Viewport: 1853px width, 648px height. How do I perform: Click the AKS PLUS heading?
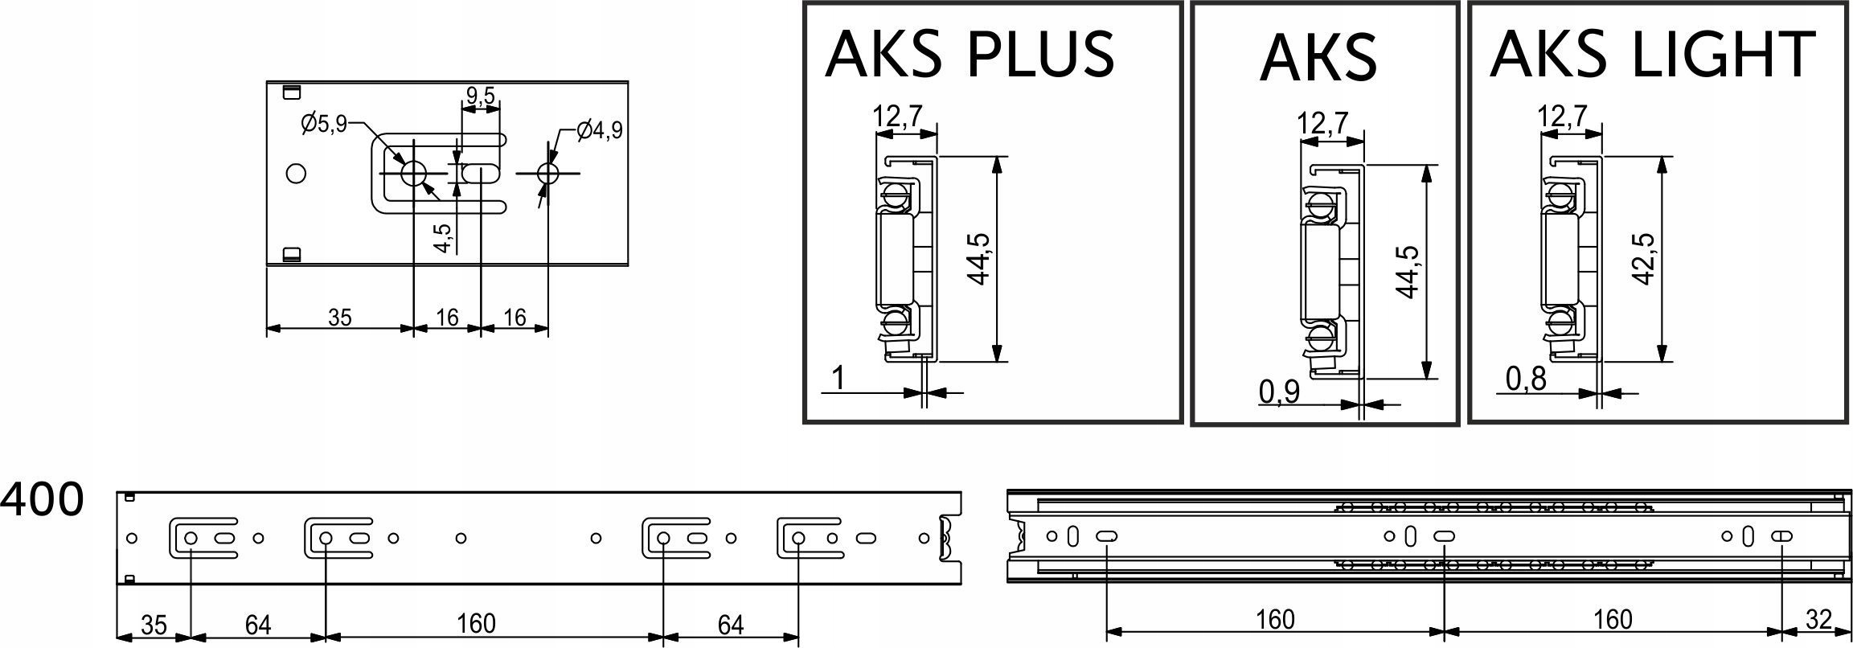[970, 54]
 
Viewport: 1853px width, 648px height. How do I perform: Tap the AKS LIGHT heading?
[1653, 54]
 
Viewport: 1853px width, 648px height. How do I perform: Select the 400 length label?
[42, 499]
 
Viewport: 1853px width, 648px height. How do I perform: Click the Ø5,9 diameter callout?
[325, 124]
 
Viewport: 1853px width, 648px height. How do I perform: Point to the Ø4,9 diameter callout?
[600, 129]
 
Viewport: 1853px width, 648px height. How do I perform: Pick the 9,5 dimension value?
[480, 96]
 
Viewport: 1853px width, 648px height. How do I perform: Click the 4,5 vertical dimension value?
[443, 238]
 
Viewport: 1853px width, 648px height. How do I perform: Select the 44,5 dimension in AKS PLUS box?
[980, 259]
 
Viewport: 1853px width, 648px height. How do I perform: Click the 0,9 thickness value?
[1280, 392]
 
